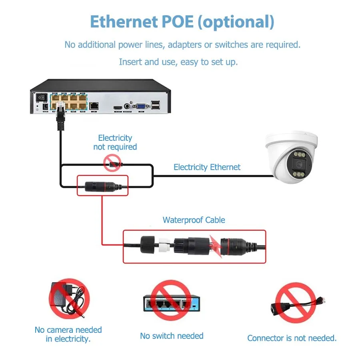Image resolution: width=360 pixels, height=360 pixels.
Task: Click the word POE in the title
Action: [x=178, y=22]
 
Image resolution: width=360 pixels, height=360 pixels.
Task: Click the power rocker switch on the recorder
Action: [x=42, y=97]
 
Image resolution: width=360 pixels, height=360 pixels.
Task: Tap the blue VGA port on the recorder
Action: [x=141, y=106]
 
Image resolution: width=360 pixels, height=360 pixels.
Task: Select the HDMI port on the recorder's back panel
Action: [x=118, y=108]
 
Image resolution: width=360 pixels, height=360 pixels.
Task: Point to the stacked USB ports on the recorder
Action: [x=155, y=105]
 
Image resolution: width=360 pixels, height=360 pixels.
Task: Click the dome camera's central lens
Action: [x=299, y=164]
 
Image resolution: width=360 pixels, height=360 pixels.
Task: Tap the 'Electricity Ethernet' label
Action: [x=207, y=167]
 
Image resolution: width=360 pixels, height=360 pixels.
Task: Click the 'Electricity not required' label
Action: [x=115, y=142]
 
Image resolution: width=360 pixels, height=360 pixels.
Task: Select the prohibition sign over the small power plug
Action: [x=112, y=163]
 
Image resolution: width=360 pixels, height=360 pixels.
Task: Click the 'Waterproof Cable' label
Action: [x=194, y=220]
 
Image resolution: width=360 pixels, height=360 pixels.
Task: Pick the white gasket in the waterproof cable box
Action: [x=164, y=245]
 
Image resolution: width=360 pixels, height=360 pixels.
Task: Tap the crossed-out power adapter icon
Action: [x=69, y=299]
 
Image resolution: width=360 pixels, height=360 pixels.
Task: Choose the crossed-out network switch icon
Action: [x=171, y=300]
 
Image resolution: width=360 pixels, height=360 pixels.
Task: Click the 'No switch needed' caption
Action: [x=172, y=336]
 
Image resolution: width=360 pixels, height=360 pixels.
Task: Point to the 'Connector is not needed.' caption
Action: [x=292, y=338]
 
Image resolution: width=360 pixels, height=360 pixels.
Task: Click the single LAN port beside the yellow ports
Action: [x=94, y=106]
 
